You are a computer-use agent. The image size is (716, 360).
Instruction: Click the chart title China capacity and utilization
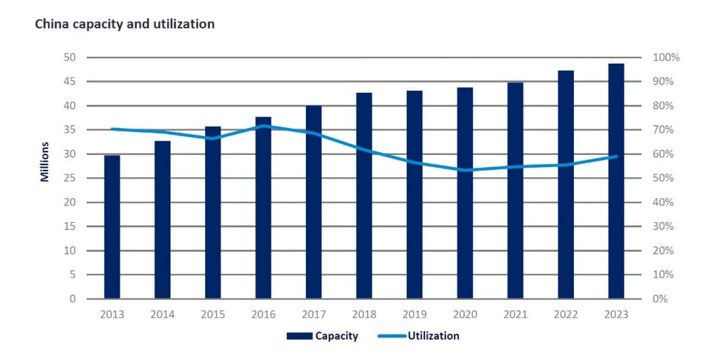pos(124,24)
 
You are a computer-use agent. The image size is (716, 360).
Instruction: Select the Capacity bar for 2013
pos(112,227)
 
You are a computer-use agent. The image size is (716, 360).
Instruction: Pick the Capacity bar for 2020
pos(465,193)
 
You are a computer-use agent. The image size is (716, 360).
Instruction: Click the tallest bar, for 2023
pos(616,181)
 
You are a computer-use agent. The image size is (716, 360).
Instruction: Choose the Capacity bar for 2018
pos(364,196)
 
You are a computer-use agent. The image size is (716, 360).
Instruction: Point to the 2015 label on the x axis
pos(213,315)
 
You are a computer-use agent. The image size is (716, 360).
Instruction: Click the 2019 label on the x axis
pos(414,315)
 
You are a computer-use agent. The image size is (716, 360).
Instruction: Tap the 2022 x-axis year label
pos(566,315)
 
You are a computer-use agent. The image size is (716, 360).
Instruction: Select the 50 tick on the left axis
pos(69,58)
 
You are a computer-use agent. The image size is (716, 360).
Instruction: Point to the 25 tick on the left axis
pos(69,179)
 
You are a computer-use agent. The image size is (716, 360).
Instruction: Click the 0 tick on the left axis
pos(72,299)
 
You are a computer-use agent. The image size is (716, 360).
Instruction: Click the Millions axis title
pos(45,162)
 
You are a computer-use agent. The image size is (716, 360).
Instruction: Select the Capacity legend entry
pos(322,336)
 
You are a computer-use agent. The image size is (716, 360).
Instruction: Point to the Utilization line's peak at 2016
pos(263,126)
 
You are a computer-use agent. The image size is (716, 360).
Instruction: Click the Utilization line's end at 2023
pos(616,156)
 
